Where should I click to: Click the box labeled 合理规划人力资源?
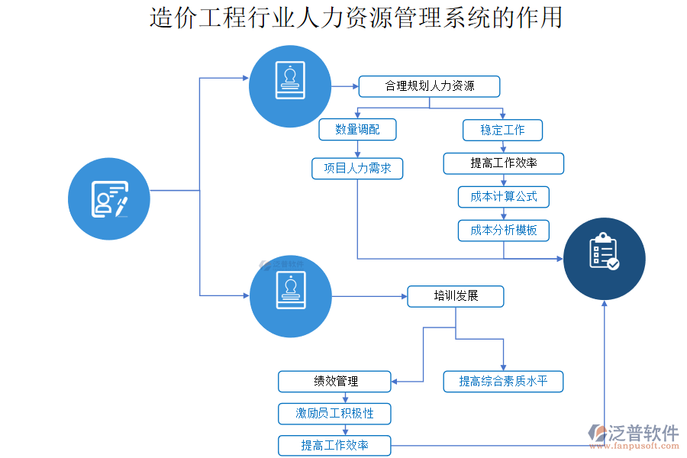[430, 86]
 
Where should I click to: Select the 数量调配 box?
[358, 130]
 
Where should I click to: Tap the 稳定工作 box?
[502, 130]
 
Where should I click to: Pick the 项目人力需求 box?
[357, 168]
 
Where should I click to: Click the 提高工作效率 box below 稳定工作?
[504, 163]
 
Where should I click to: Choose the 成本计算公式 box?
[504, 196]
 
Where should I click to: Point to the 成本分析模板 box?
[504, 230]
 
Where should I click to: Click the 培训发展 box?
[456, 296]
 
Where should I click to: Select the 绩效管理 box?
[335, 381]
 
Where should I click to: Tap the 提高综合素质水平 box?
[503, 381]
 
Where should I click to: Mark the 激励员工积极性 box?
[335, 414]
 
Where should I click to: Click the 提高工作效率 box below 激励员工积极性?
[335, 445]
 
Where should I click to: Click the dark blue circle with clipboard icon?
[605, 258]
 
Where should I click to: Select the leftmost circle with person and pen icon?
[108, 198]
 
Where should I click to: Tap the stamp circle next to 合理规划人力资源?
[290, 85]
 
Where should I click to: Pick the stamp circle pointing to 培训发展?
[290, 295]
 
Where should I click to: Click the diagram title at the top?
[356, 17]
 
